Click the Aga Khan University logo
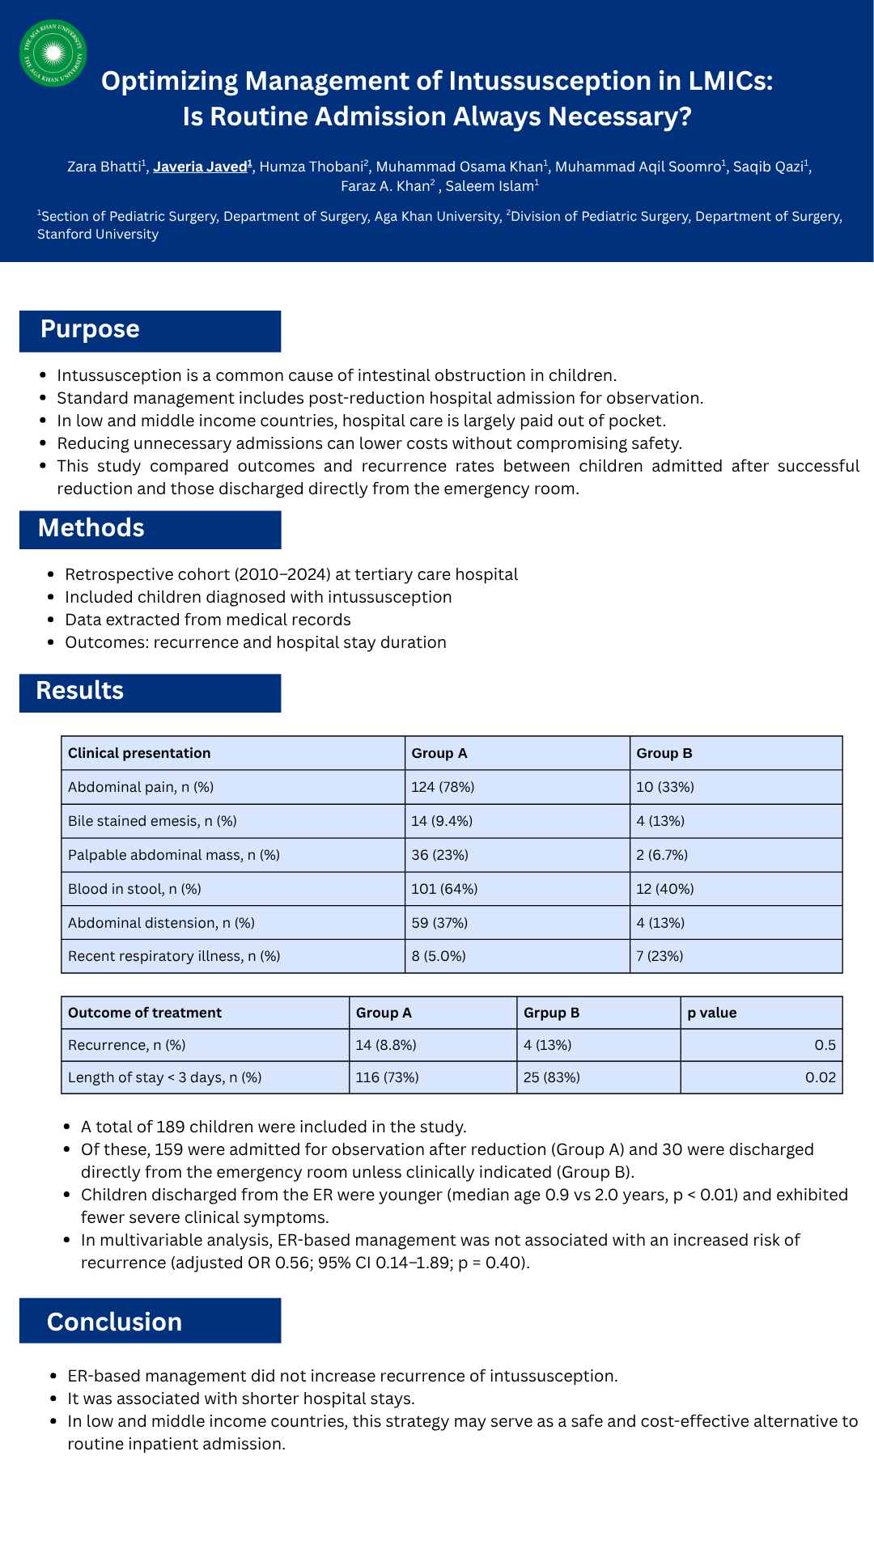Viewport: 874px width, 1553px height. click(x=53, y=53)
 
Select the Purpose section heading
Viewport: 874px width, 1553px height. click(x=90, y=329)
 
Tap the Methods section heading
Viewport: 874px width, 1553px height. click(x=91, y=528)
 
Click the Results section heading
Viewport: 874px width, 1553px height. click(x=80, y=691)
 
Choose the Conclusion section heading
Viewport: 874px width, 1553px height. click(x=114, y=1322)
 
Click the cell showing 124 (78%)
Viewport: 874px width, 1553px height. click(x=443, y=787)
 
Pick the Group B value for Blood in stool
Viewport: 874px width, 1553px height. click(x=664, y=889)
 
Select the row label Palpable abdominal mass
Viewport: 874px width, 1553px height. click(x=173, y=855)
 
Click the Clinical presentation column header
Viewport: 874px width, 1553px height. click(x=139, y=753)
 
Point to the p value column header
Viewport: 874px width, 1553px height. click(x=711, y=1013)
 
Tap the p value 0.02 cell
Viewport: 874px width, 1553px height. click(x=820, y=1077)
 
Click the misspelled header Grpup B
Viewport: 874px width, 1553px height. click(x=551, y=1013)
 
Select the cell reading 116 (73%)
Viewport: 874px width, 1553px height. click(x=387, y=1077)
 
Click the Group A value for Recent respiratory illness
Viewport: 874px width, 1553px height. click(x=438, y=956)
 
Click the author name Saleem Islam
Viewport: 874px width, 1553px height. click(x=490, y=186)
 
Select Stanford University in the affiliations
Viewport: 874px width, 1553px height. click(x=98, y=235)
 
